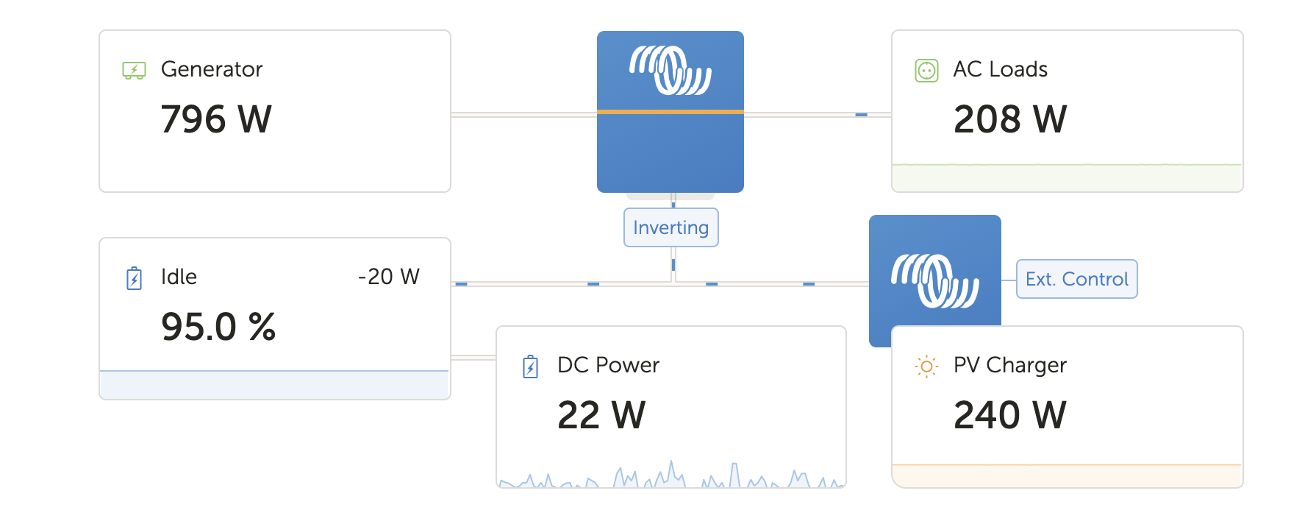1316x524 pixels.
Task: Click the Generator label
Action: pyautogui.click(x=211, y=69)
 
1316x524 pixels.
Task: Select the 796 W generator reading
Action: pyautogui.click(x=216, y=119)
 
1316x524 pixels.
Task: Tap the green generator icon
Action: pyautogui.click(x=134, y=71)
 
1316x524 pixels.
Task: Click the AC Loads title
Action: pyautogui.click(x=1000, y=69)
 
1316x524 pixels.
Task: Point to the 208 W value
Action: pyautogui.click(x=1009, y=119)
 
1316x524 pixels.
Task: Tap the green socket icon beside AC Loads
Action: pyautogui.click(x=926, y=71)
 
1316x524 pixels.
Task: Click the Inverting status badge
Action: pyautogui.click(x=670, y=227)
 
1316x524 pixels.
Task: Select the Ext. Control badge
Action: pyautogui.click(x=1076, y=279)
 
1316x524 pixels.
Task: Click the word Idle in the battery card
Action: pyautogui.click(x=179, y=277)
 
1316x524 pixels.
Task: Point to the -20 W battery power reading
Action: pyautogui.click(x=388, y=277)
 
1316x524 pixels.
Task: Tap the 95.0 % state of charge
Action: pyautogui.click(x=218, y=327)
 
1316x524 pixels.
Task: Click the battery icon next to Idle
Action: pyautogui.click(x=134, y=278)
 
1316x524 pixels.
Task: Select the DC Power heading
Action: pyautogui.click(x=608, y=365)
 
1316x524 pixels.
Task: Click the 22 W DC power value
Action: pyautogui.click(x=601, y=415)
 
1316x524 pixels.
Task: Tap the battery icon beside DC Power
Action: pyautogui.click(x=530, y=367)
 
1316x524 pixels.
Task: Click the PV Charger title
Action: pyautogui.click(x=1009, y=365)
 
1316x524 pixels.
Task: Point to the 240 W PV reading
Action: pyautogui.click(x=1009, y=415)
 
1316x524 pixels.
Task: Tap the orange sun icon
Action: pyautogui.click(x=926, y=367)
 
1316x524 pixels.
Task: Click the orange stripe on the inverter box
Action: pyautogui.click(x=670, y=112)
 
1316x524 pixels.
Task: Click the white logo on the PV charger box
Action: pyautogui.click(x=934, y=280)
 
